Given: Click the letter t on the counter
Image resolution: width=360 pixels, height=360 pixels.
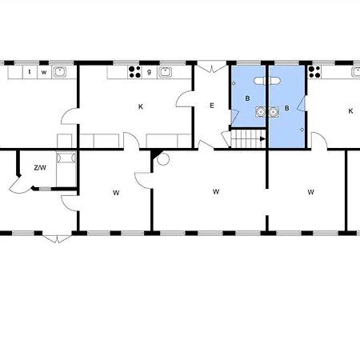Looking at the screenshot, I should (x=30, y=72).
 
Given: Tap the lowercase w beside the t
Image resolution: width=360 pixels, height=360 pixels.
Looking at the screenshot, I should (x=44, y=72).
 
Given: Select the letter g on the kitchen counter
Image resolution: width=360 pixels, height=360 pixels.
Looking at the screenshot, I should (x=149, y=72).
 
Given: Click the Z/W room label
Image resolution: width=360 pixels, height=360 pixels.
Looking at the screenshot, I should (x=39, y=167).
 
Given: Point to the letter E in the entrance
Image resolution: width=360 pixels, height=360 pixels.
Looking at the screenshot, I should (x=212, y=106).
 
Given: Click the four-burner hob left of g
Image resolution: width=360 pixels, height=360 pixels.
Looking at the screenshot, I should (x=135, y=72).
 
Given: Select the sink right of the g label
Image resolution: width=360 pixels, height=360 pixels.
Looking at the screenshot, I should (x=166, y=72).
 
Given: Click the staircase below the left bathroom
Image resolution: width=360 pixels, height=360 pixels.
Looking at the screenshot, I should (x=248, y=141).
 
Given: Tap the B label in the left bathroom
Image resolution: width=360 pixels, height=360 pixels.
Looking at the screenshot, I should (x=248, y=99).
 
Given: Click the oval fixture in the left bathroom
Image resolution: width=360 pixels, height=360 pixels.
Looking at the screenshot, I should (x=260, y=82).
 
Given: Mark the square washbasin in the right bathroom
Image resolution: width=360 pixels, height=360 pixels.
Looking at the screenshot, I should (x=275, y=112).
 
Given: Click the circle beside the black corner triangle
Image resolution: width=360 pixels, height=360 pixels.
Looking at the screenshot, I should (x=163, y=158).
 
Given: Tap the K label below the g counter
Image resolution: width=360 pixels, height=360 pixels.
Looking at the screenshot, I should (x=140, y=106).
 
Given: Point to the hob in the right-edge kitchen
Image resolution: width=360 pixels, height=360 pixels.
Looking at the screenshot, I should (x=316, y=72).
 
